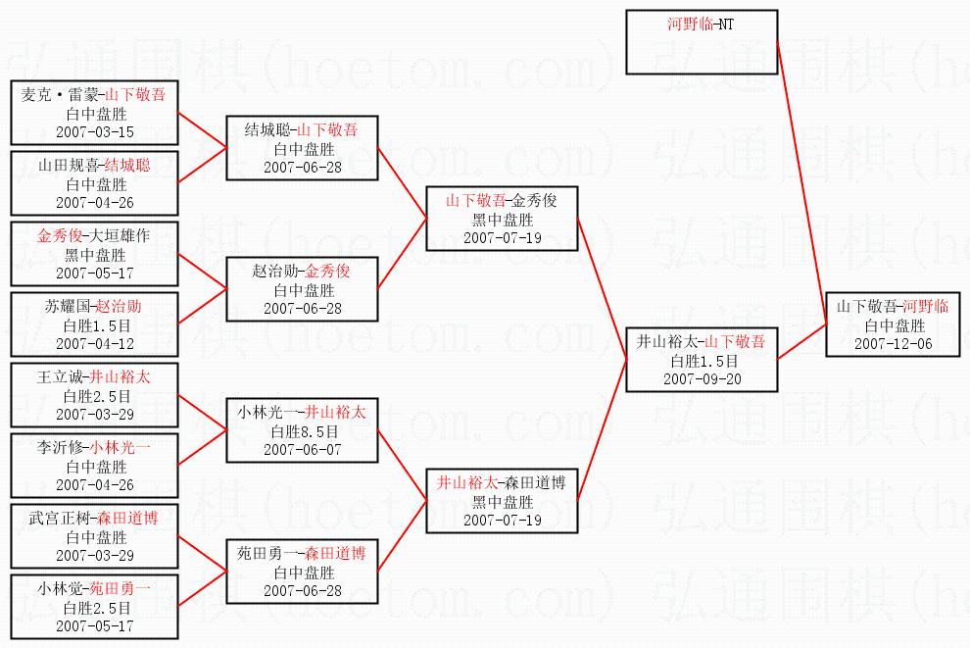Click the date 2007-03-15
pyautogui.click(x=95, y=131)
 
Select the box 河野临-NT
pyautogui.click(x=702, y=42)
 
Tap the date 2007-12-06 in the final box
pyautogui.click(x=892, y=344)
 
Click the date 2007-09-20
pyautogui.click(x=702, y=379)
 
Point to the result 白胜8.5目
pyautogui.click(x=301, y=430)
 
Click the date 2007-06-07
pyautogui.click(x=301, y=449)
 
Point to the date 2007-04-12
pyautogui.click(x=95, y=343)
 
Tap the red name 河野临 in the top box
pyautogui.click(x=690, y=25)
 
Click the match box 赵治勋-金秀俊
pyautogui.click(x=301, y=289)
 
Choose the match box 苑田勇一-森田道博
pyautogui.click(x=301, y=572)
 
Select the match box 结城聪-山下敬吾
pyautogui.click(x=301, y=148)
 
